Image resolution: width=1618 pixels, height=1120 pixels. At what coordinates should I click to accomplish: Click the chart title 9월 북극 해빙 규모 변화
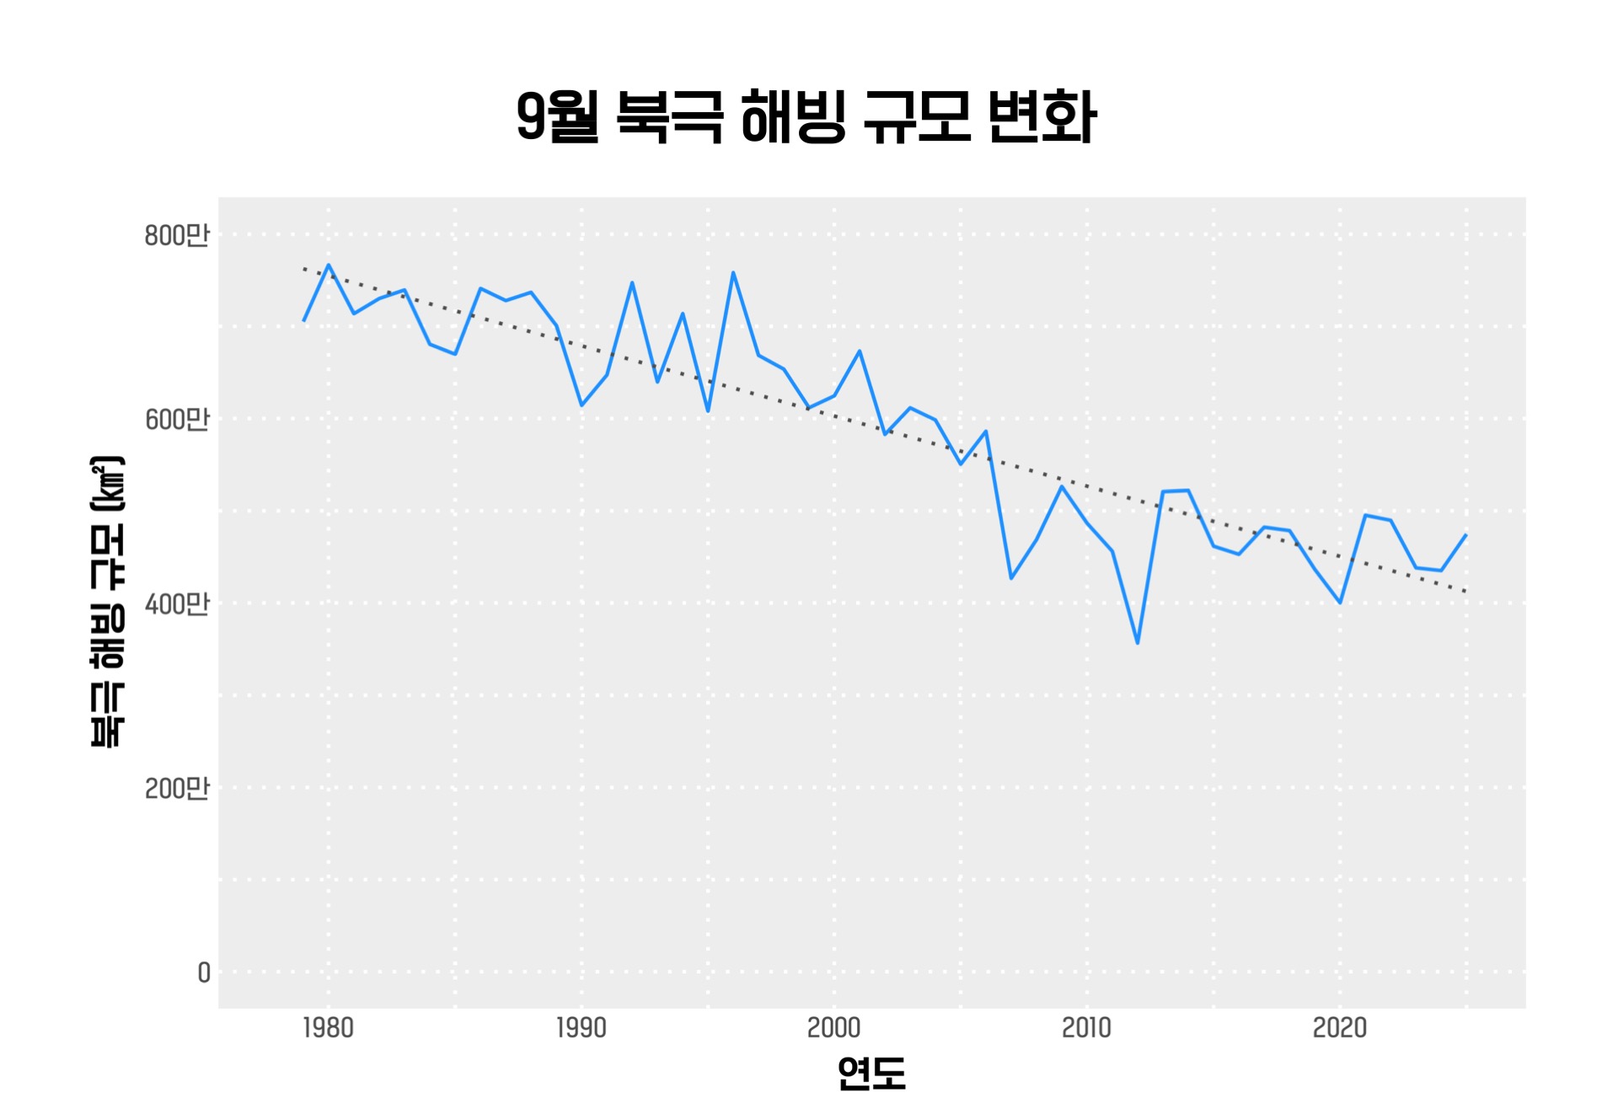806,117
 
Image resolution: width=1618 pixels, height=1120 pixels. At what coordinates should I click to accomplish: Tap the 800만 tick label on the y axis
176,235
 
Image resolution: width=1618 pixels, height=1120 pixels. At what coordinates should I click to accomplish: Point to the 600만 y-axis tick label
176,419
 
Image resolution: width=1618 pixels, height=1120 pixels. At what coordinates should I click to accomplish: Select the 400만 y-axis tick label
176,604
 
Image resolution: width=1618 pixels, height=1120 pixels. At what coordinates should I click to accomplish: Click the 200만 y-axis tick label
176,788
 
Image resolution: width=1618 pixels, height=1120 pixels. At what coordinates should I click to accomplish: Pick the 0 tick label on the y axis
204,973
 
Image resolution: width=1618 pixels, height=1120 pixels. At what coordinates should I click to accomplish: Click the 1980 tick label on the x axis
328,1028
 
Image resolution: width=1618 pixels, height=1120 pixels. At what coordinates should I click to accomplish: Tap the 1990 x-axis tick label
581,1028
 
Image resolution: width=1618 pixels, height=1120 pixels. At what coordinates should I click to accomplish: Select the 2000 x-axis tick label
833,1028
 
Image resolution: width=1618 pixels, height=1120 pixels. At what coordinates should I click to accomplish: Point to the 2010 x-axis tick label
1086,1028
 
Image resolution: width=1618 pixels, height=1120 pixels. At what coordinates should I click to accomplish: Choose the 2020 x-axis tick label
1339,1028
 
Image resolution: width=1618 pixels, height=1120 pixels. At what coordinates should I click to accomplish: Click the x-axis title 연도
871,1074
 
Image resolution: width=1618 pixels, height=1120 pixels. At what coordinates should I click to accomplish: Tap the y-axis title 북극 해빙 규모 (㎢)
108,601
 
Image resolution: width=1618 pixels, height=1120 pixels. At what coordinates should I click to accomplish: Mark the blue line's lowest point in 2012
1138,643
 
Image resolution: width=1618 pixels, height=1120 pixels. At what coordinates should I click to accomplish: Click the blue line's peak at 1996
733,272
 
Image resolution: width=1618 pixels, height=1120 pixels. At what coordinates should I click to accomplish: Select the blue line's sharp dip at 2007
1011,578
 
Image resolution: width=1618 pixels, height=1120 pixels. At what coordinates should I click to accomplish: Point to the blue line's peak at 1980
329,265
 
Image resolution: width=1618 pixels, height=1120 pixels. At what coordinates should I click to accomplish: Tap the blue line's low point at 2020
1340,603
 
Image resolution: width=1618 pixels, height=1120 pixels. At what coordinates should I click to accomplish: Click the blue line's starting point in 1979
303,321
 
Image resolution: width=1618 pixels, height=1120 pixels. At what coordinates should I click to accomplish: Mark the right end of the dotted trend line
1466,592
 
